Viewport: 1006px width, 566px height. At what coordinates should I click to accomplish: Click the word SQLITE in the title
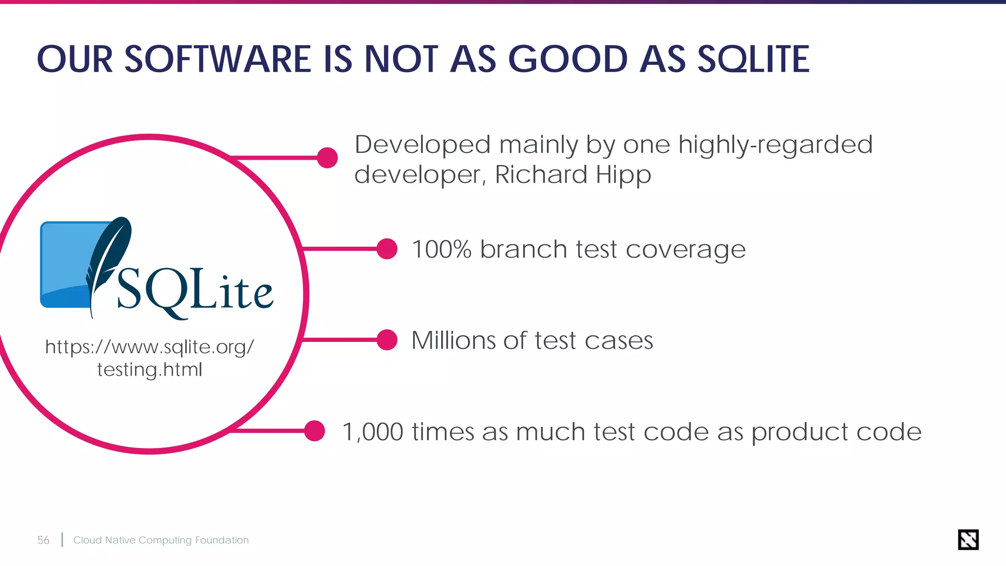pyautogui.click(x=753, y=59)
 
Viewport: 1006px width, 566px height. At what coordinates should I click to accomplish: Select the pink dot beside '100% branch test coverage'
pyautogui.click(x=387, y=249)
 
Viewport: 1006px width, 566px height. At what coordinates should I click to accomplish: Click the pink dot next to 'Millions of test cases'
pyautogui.click(x=387, y=340)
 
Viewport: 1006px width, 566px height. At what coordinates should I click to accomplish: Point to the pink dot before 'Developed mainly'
pyautogui.click(x=327, y=158)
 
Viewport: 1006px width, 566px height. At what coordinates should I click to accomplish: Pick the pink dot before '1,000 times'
pyautogui.click(x=314, y=431)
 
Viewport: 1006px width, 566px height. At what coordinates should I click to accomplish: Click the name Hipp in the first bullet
pyautogui.click(x=623, y=175)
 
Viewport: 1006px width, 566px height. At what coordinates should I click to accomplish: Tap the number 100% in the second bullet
pyautogui.click(x=441, y=249)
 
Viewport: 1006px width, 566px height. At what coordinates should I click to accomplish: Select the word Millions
pyautogui.click(x=453, y=340)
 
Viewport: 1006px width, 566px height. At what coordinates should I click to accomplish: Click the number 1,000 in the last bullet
pyautogui.click(x=372, y=432)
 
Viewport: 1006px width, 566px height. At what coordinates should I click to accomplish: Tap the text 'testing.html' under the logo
pyautogui.click(x=149, y=369)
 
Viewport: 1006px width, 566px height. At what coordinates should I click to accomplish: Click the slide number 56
pyautogui.click(x=43, y=540)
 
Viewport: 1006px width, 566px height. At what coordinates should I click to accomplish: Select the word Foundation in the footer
pyautogui.click(x=222, y=540)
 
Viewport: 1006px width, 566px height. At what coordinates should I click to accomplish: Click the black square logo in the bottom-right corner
pyautogui.click(x=968, y=539)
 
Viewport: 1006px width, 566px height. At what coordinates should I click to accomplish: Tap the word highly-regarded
pyautogui.click(x=775, y=145)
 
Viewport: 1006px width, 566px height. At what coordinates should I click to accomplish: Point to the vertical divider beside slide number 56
pyautogui.click(x=62, y=539)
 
